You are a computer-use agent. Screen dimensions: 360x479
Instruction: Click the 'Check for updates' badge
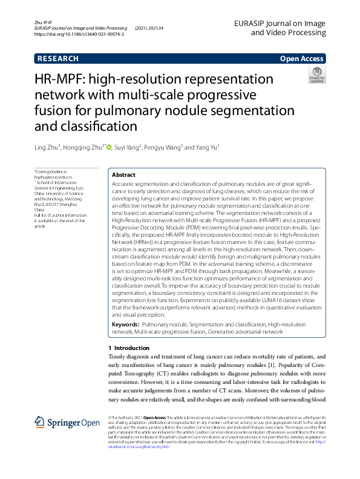316,75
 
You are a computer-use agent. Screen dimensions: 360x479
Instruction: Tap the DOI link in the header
79,35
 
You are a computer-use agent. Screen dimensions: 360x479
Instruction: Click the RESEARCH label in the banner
57,59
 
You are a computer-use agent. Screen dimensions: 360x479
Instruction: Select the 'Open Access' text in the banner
302,59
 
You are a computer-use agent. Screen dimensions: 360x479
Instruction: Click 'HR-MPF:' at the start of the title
62,80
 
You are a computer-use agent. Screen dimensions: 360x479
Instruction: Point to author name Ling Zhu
49,147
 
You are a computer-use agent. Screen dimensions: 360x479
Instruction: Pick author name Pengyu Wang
163,147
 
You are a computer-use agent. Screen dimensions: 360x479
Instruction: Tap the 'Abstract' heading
124,174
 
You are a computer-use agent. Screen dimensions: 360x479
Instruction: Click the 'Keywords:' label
126,325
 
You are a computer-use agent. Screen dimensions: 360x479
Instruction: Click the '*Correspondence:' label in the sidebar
52,172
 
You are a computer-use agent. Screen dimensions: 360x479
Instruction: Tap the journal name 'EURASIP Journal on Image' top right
287,22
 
